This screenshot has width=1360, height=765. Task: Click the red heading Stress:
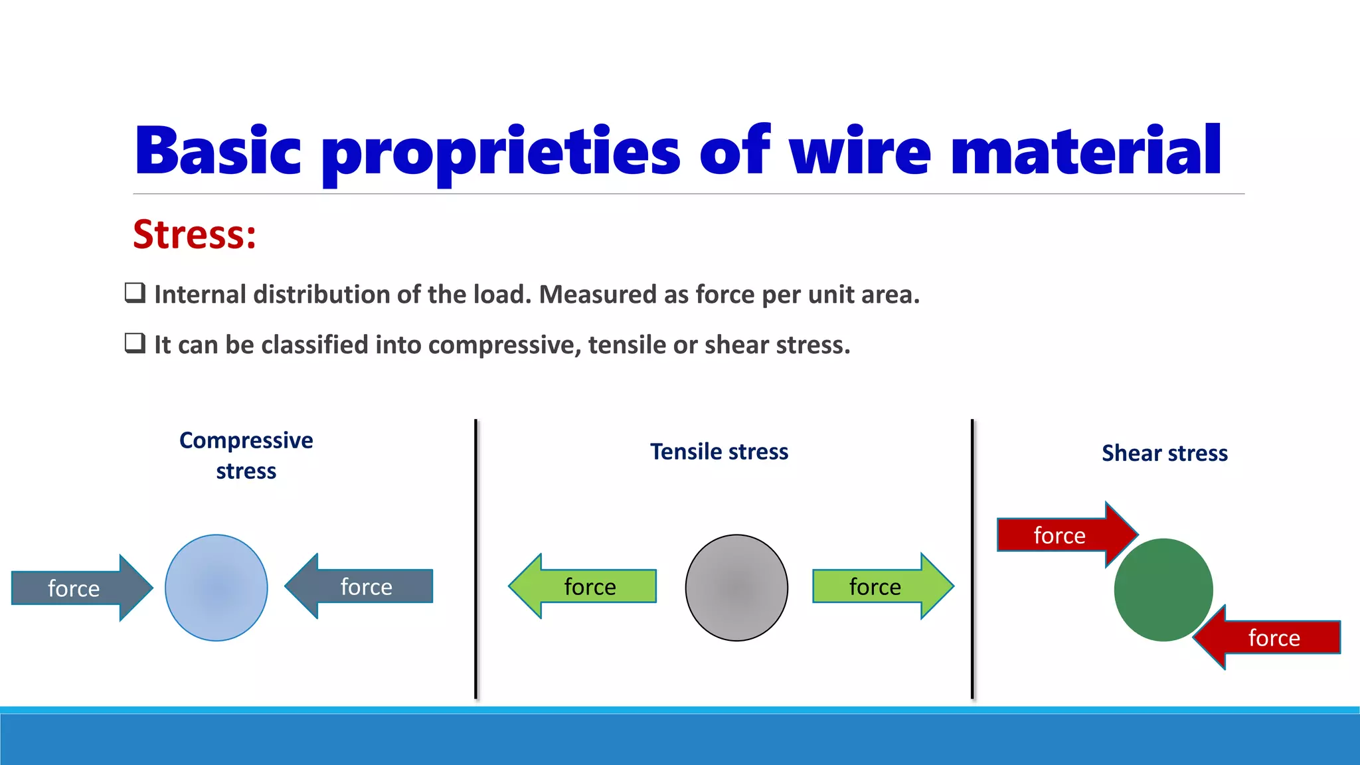pyautogui.click(x=194, y=235)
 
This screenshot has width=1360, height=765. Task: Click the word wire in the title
pyautogui.click(x=860, y=151)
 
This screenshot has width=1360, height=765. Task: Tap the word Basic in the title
pyautogui.click(x=217, y=151)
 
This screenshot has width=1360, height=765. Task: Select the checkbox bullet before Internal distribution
pyautogui.click(x=135, y=293)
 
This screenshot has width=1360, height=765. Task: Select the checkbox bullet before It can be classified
pyautogui.click(x=135, y=343)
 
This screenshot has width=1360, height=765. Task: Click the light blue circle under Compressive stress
pyautogui.click(x=216, y=588)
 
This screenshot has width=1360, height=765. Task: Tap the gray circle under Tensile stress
pyautogui.click(x=736, y=588)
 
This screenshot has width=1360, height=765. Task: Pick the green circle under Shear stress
pyautogui.click(x=1163, y=590)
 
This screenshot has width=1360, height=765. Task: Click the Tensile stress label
pyautogui.click(x=719, y=452)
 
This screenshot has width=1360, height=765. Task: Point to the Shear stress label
pyautogui.click(x=1165, y=453)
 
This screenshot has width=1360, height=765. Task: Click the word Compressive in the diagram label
pyautogui.click(x=246, y=440)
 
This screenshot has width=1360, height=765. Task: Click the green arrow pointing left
pyautogui.click(x=584, y=586)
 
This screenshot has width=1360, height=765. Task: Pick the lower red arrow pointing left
pyautogui.click(x=1268, y=637)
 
